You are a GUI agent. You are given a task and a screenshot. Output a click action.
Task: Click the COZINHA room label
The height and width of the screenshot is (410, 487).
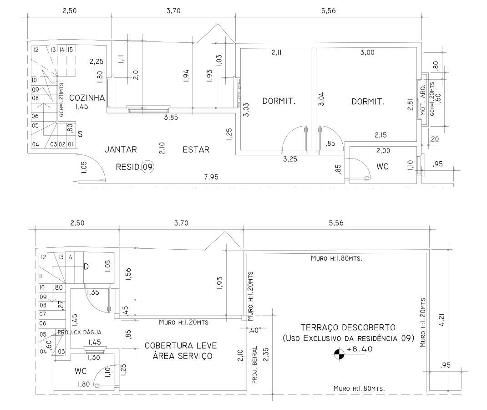tap(86, 98)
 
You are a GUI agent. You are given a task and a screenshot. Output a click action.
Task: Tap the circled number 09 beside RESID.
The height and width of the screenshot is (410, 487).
tap(147, 167)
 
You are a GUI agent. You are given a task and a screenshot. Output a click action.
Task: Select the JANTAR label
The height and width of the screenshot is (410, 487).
tap(121, 149)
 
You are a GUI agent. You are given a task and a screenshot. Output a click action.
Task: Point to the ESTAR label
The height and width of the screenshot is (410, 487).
tap(196, 149)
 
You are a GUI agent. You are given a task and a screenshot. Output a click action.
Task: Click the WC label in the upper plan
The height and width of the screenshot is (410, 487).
tap(382, 167)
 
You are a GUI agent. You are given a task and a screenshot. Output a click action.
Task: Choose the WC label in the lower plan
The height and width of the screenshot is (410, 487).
tap(81, 371)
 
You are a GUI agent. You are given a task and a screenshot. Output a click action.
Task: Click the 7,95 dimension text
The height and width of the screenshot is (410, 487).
tap(211, 177)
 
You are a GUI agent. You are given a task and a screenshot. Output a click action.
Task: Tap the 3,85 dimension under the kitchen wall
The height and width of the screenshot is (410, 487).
tap(171, 118)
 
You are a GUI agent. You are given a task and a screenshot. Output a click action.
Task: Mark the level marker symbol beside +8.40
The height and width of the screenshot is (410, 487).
tap(339, 354)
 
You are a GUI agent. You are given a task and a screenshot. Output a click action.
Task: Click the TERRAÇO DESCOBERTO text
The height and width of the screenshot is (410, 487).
tap(348, 327)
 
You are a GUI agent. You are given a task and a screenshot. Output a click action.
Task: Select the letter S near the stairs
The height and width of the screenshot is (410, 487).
tap(80, 134)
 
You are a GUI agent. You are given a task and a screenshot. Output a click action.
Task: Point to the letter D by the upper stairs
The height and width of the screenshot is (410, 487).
tap(86, 266)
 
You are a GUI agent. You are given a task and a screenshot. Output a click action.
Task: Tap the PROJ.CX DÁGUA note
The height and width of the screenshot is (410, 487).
tap(80, 332)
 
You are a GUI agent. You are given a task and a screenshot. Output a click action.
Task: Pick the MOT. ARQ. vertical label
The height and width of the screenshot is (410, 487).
tap(423, 100)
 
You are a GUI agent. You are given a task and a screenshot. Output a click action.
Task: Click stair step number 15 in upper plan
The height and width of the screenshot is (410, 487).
tap(70, 50)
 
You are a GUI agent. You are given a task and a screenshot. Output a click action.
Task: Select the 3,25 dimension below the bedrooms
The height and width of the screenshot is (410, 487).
tap(290, 159)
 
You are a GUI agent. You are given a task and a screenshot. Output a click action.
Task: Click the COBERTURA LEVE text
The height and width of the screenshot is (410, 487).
tap(181, 346)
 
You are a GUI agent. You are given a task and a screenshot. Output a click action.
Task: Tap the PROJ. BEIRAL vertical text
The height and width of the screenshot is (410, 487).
tap(255, 364)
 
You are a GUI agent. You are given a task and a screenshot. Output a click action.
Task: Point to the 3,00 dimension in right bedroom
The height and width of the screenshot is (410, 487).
tap(367, 52)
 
